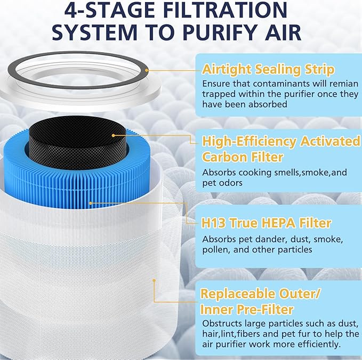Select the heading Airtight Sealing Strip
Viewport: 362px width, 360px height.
tap(268, 70)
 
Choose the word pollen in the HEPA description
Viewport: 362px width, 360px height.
tap(216, 250)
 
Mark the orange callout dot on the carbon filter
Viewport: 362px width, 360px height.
tap(114, 136)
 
